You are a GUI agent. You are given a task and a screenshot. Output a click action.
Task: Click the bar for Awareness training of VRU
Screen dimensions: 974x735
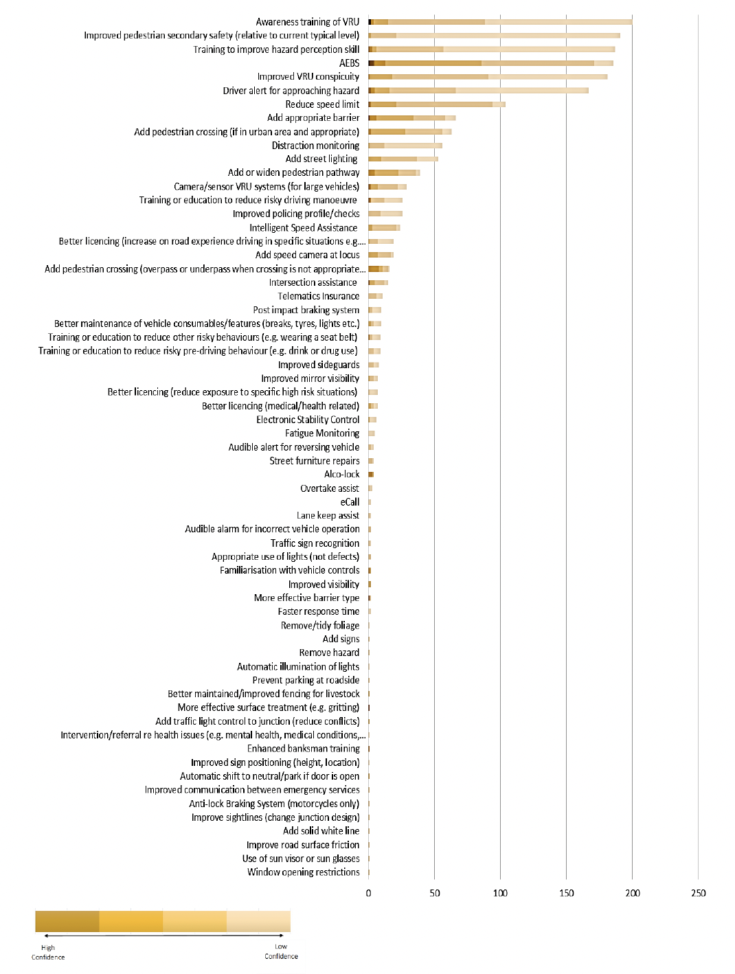[x=500, y=22]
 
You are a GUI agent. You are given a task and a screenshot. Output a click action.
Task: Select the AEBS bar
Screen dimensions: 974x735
[x=490, y=63]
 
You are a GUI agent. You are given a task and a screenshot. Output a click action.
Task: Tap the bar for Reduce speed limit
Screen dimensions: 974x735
[x=437, y=104]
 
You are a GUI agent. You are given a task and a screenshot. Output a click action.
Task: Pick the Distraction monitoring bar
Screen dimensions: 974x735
[x=405, y=146]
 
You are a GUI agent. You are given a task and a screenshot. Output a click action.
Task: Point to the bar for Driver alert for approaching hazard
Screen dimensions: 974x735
[x=478, y=91]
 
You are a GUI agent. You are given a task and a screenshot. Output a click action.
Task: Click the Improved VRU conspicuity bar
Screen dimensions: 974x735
[x=488, y=77]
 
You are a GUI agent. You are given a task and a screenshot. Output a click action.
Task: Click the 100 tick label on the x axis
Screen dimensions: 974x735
[x=500, y=893]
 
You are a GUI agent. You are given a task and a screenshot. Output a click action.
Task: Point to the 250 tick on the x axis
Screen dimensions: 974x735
[x=698, y=893]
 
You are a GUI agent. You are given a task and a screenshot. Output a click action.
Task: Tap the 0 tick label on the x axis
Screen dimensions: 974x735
[x=369, y=893]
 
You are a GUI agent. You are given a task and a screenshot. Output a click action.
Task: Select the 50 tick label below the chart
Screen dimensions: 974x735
[x=435, y=893]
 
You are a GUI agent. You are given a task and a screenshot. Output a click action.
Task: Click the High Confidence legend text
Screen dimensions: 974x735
[x=48, y=952]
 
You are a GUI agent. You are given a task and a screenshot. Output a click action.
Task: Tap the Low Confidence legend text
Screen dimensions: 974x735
[x=281, y=951]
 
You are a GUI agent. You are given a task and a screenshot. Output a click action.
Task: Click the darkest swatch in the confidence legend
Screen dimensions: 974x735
[x=67, y=921]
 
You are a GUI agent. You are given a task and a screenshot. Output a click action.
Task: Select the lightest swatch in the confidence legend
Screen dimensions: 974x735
[x=258, y=921]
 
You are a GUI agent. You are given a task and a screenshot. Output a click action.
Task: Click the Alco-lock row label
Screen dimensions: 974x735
[x=341, y=475]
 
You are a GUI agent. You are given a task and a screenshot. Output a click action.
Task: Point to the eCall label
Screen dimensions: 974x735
[x=350, y=502]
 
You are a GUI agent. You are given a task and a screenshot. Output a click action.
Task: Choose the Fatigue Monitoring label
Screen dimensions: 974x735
[x=322, y=433]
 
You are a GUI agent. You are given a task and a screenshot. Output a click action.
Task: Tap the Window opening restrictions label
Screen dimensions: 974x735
[x=304, y=872]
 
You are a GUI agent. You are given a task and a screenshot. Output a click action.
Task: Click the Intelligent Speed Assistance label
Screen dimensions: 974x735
[x=304, y=228]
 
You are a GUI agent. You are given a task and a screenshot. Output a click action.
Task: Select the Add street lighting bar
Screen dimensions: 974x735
[x=403, y=159]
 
